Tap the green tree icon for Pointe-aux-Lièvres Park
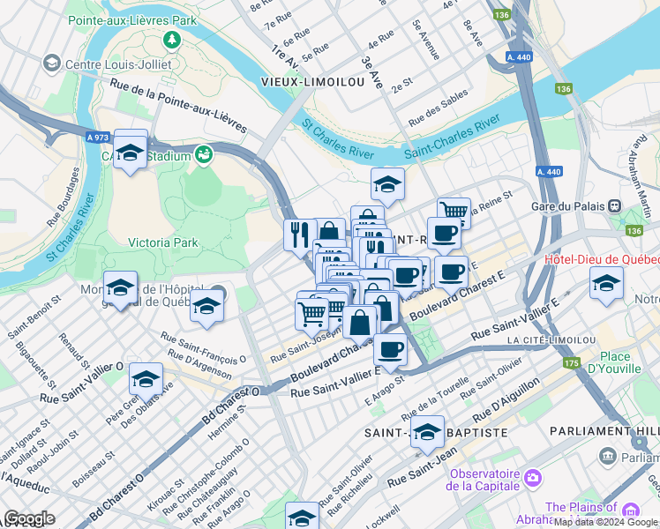point(170,40)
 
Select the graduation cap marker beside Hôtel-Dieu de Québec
point(606,284)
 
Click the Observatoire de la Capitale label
point(484,479)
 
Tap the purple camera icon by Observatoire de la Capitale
point(531,478)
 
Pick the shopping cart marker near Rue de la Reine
point(453,210)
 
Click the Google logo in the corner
point(29,518)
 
